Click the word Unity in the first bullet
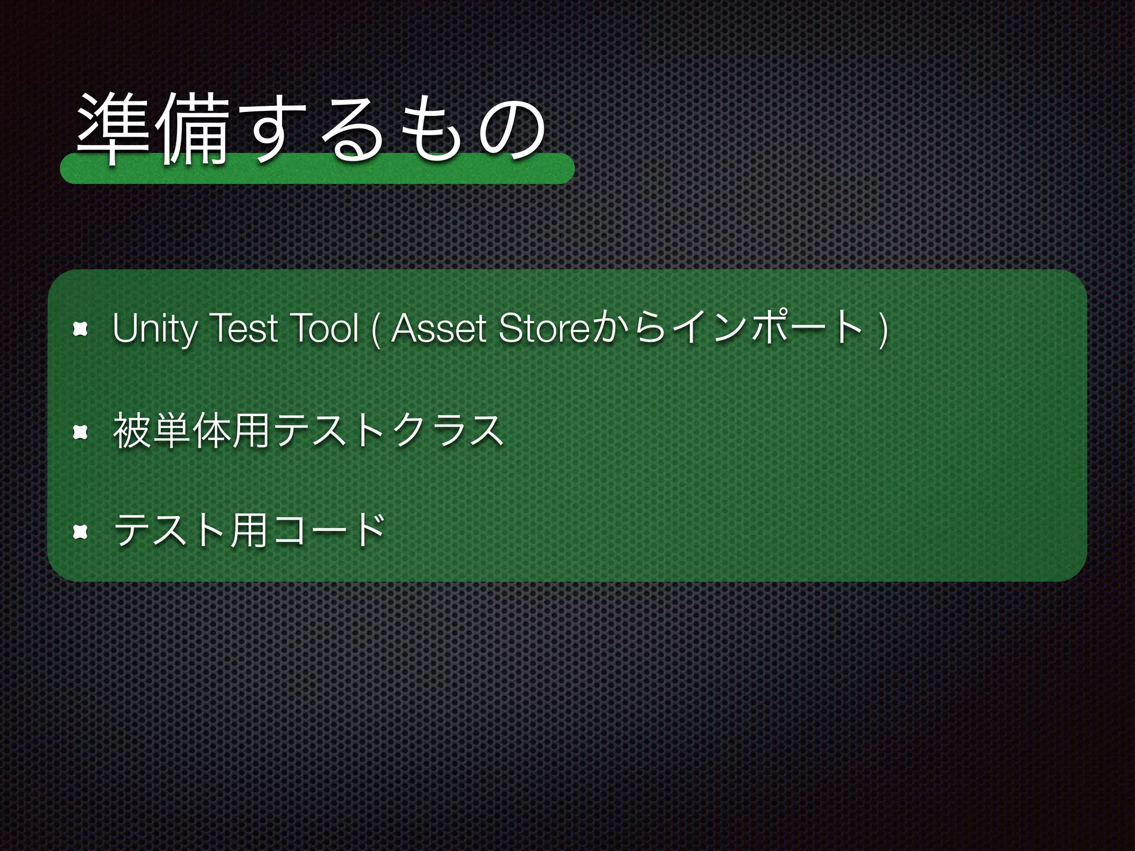click(x=154, y=329)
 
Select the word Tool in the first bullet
click(x=324, y=328)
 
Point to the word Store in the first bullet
click(x=544, y=328)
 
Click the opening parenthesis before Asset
click(x=377, y=330)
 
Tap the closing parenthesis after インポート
click(x=883, y=330)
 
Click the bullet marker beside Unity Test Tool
click(x=81, y=330)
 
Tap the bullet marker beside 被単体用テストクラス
click(x=81, y=432)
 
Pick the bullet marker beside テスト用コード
click(x=81, y=532)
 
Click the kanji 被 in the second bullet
click(x=132, y=431)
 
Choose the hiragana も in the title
click(x=432, y=131)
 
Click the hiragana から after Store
click(x=627, y=329)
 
